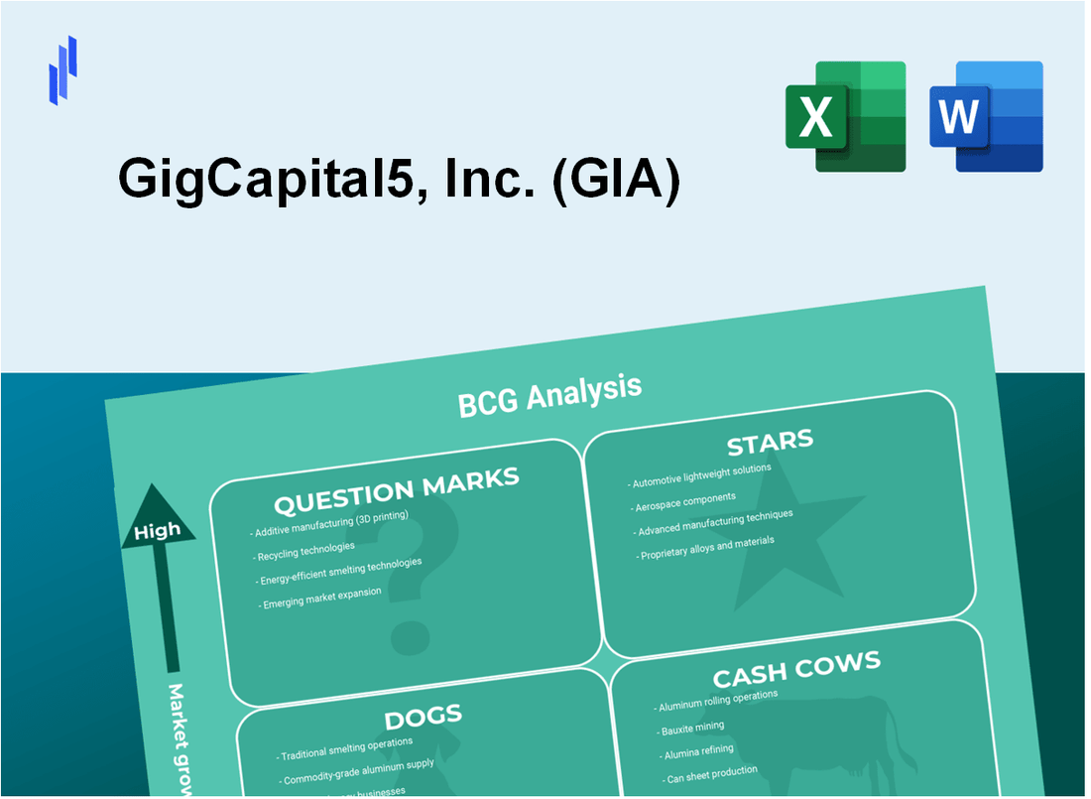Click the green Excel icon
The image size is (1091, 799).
coord(845,116)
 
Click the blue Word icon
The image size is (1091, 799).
coord(986,116)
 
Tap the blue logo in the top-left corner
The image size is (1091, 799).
coord(62,69)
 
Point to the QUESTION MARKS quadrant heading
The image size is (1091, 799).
coord(397,490)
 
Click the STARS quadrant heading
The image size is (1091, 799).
coord(770,441)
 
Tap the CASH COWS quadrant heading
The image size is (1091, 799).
coord(796,669)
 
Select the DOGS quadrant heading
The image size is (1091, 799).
coord(424,717)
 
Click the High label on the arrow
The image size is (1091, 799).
coord(158,531)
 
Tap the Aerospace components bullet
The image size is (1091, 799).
coord(685,499)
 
